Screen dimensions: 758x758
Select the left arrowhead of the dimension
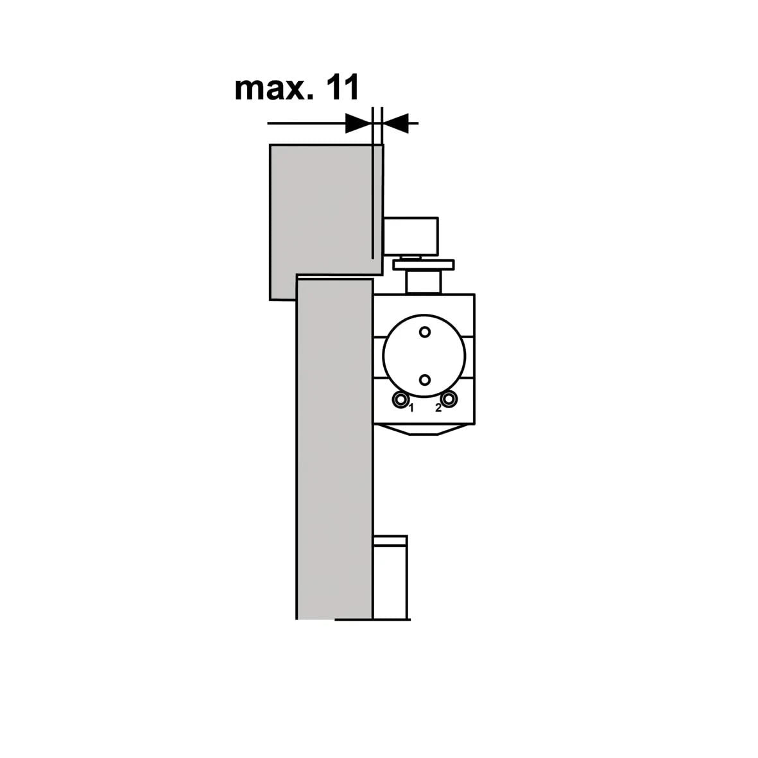click(358, 123)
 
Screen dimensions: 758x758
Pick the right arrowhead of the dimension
click(395, 123)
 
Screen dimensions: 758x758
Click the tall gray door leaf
click(334, 449)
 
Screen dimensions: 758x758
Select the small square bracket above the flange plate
click(411, 236)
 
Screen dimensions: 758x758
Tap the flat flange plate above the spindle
click(423, 264)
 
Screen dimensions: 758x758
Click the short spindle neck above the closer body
click(423, 281)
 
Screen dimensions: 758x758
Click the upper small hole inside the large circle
click(424, 332)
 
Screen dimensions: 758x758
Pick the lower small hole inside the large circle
click(424, 380)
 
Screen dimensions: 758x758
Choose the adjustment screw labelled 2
click(449, 400)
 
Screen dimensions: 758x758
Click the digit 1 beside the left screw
click(411, 408)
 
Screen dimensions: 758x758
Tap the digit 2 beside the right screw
click(438, 408)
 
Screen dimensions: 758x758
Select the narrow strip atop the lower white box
click(390, 540)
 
